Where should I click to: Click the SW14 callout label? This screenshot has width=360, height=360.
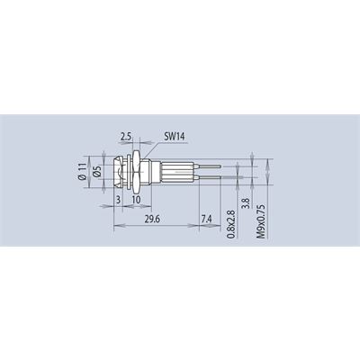[175, 137]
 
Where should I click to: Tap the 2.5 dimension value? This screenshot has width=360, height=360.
[126, 137]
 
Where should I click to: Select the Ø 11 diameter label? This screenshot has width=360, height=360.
[83, 172]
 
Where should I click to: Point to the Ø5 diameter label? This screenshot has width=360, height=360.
[96, 172]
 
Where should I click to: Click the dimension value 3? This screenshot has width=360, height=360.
[119, 200]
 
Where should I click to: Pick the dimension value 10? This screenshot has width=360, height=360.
[136, 200]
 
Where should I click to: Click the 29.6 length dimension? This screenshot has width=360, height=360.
[152, 220]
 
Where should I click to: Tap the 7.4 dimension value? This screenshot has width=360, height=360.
[207, 220]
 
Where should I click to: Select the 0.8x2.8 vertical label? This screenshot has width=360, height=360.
[230, 224]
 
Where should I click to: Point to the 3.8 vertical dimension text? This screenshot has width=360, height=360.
[247, 202]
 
